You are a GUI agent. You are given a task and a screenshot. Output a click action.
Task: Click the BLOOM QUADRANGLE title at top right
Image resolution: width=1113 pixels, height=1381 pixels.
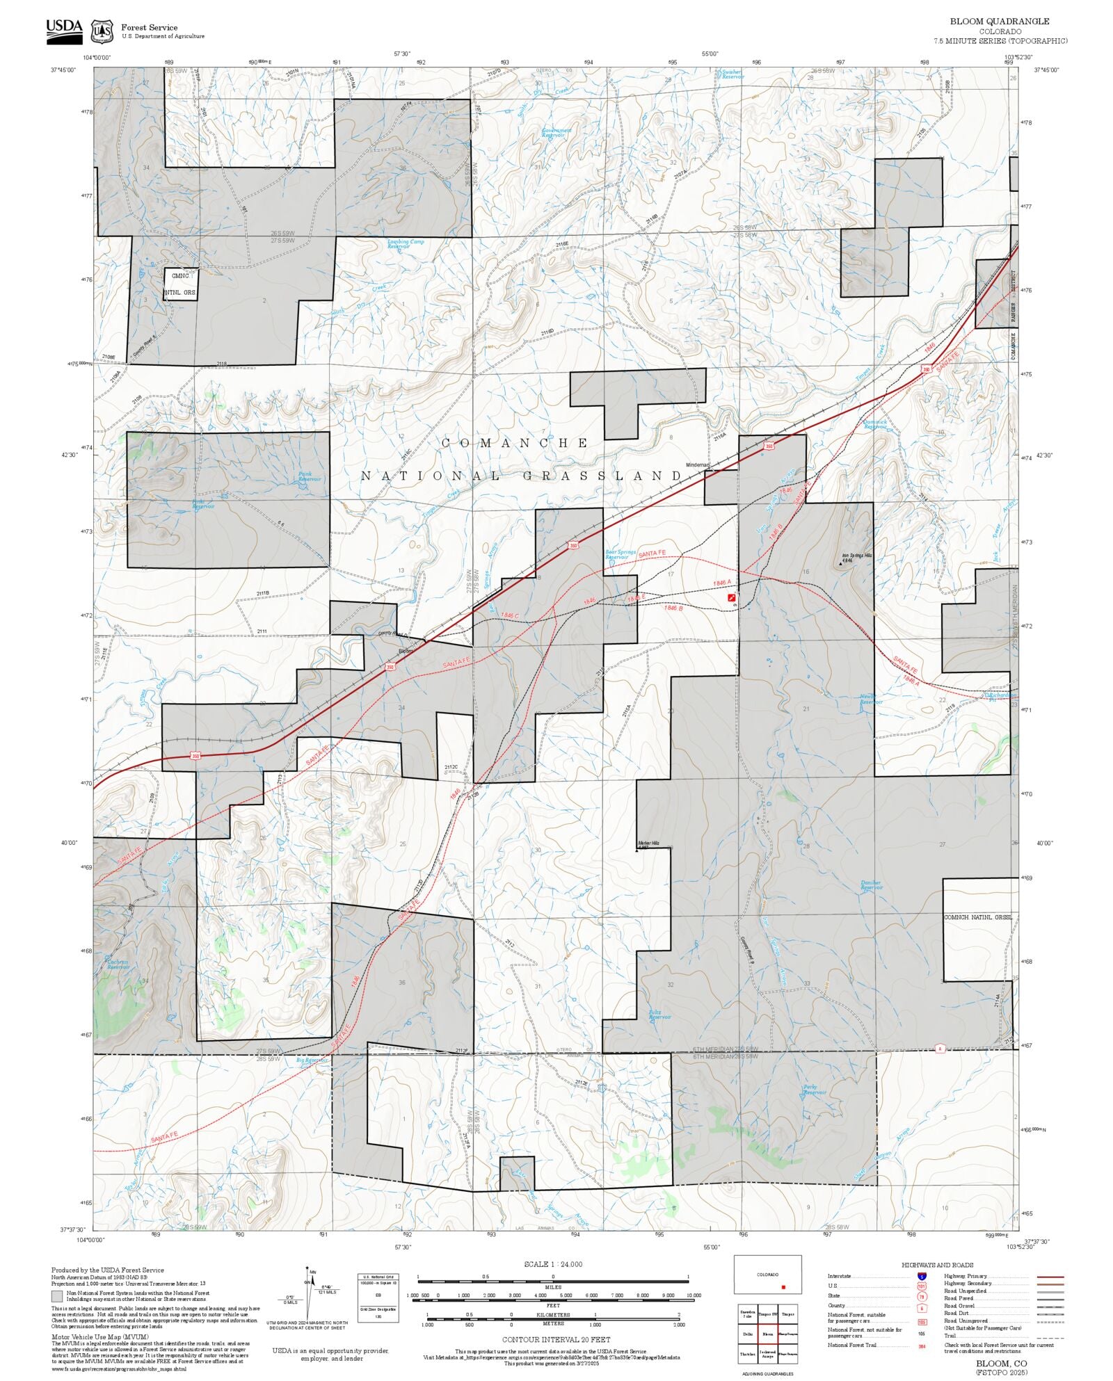[x=1000, y=22]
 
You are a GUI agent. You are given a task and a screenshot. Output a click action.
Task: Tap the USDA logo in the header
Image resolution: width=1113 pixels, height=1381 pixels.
[x=64, y=31]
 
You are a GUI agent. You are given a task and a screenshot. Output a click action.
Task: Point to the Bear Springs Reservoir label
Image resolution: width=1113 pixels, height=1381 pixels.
[x=620, y=554]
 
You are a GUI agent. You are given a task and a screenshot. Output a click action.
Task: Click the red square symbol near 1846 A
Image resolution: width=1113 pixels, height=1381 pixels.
[x=731, y=597]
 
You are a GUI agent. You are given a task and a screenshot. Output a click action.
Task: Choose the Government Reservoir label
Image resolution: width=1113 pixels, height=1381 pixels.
[x=556, y=132]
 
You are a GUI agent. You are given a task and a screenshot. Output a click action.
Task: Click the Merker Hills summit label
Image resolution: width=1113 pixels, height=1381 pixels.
[x=648, y=845]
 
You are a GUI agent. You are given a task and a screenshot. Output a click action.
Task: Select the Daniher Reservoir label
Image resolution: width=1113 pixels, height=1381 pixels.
[x=871, y=885]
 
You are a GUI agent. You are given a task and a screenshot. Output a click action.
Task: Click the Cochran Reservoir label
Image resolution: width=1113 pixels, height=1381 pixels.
[x=118, y=964]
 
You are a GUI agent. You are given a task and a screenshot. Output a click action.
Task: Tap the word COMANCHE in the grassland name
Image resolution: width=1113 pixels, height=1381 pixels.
[x=515, y=443]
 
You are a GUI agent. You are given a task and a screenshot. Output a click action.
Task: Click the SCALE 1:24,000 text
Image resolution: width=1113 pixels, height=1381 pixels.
[x=553, y=1264]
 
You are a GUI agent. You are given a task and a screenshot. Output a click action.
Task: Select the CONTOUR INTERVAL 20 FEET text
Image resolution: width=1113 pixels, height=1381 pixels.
[x=556, y=1339]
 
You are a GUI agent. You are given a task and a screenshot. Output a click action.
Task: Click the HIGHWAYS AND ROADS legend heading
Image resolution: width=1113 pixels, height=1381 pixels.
[x=937, y=1265]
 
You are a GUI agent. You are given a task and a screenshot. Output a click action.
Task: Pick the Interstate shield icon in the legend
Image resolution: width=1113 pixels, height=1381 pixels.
[x=922, y=1277]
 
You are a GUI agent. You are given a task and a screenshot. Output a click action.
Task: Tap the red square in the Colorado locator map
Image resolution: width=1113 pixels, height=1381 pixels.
[x=783, y=1287]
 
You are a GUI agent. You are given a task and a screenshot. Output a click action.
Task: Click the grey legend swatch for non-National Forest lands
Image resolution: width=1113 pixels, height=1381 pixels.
[x=57, y=1296]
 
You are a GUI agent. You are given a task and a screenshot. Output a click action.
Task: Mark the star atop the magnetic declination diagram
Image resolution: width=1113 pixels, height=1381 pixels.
[x=312, y=1270]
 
